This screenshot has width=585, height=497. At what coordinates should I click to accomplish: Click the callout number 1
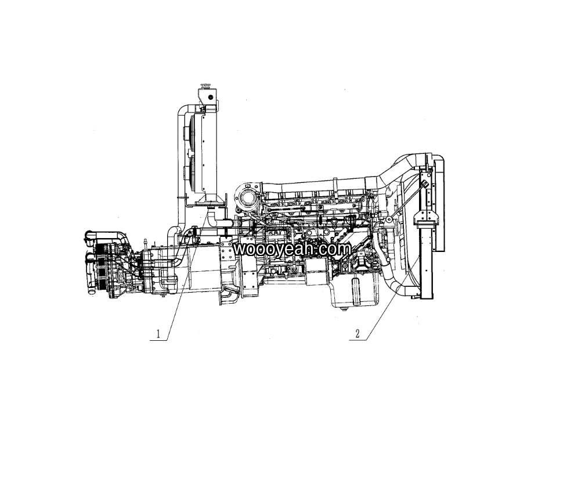[158, 334]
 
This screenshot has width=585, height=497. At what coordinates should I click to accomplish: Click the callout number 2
[358, 334]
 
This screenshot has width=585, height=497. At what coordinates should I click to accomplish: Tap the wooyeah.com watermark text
[292, 249]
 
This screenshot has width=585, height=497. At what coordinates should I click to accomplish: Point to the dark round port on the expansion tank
[211, 97]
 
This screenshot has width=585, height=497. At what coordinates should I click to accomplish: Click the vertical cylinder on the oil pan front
[355, 290]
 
